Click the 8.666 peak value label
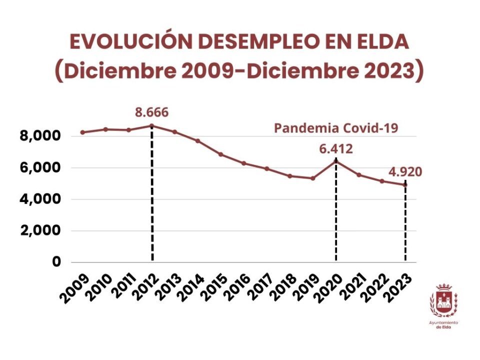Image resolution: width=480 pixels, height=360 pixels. (151, 111)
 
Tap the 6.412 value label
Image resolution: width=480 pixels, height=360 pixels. (336, 148)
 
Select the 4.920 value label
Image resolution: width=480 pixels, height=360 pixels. (405, 172)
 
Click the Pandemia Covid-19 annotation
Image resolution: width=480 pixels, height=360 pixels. (336, 128)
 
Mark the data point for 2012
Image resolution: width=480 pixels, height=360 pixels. (152, 125)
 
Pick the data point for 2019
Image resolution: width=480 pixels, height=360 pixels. (313, 178)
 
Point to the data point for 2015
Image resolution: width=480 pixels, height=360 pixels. (221, 154)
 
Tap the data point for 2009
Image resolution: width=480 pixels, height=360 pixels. (82, 132)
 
